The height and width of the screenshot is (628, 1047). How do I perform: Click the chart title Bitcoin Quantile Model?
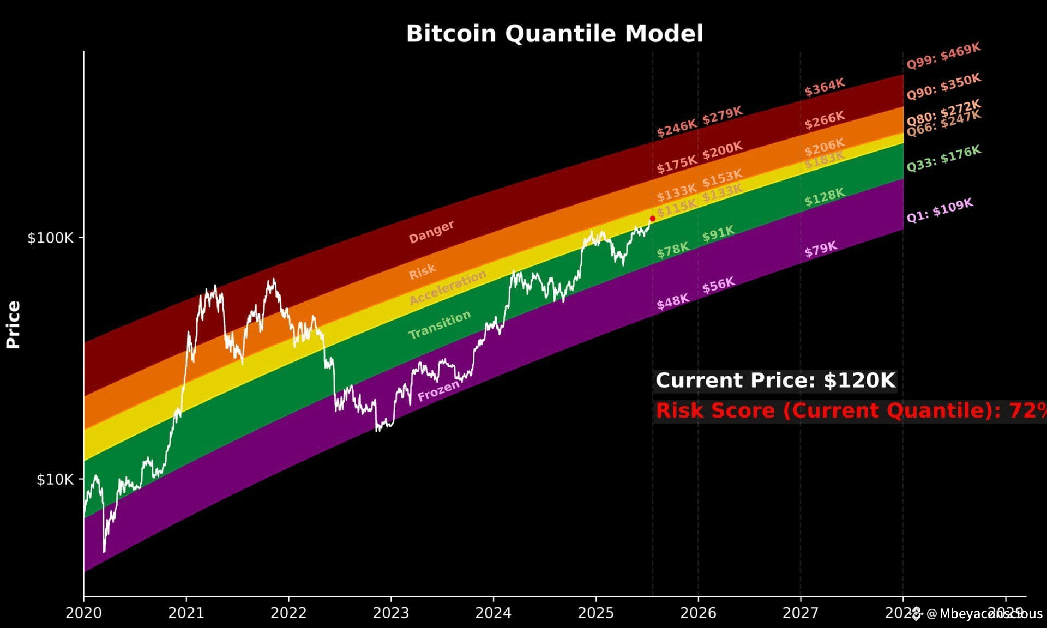click(555, 33)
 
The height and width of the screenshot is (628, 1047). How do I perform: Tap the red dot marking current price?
click(652, 219)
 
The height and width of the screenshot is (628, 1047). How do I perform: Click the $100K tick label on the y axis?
click(50, 238)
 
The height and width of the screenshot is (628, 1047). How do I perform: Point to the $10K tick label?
click(55, 479)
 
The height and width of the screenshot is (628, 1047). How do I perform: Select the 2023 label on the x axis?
click(390, 613)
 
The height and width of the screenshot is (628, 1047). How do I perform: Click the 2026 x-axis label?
click(698, 613)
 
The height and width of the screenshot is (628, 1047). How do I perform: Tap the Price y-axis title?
click(13, 324)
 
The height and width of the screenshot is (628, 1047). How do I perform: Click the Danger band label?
click(431, 232)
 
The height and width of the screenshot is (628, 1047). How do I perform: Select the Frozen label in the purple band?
click(438, 391)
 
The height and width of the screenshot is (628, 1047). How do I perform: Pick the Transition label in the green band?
click(440, 324)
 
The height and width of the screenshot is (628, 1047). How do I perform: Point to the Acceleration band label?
click(448, 287)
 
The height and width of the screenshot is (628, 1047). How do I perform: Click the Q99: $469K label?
click(943, 56)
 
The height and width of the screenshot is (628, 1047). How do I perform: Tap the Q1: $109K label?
click(940, 210)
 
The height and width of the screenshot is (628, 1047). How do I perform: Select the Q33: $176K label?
click(943, 158)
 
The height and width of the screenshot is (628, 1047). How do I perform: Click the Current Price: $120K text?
click(775, 381)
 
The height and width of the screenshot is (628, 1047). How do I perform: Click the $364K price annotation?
click(824, 87)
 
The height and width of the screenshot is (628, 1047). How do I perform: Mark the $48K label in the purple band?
click(672, 301)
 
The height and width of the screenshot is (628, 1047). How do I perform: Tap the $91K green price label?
click(718, 233)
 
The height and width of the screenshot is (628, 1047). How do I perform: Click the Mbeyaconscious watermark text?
click(984, 613)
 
